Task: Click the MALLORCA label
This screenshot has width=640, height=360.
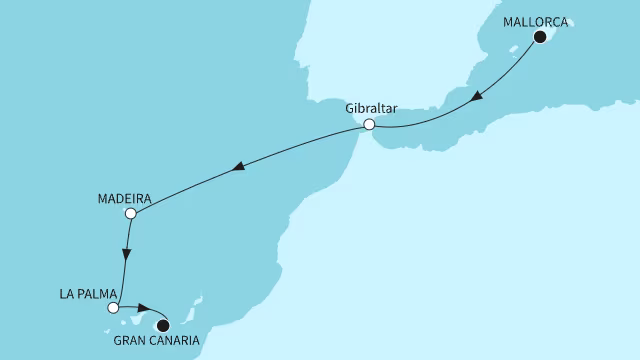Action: [540, 19]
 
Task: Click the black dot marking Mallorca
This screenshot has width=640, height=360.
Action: [541, 37]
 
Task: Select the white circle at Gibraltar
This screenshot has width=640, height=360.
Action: [369, 125]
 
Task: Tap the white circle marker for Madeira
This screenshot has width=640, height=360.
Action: [130, 213]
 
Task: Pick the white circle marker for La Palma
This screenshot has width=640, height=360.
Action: [113, 308]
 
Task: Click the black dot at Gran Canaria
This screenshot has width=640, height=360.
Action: [163, 324]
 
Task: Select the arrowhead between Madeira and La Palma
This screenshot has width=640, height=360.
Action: [124, 254]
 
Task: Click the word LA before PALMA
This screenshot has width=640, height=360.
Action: [65, 295]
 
